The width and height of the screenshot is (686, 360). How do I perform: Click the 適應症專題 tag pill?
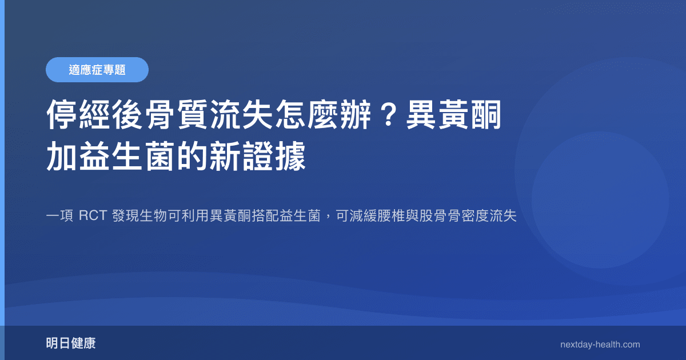97,70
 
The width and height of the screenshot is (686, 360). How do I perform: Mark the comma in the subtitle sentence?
328,218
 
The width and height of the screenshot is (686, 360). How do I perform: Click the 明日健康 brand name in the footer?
71,343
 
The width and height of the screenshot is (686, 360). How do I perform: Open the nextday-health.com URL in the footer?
600,345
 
